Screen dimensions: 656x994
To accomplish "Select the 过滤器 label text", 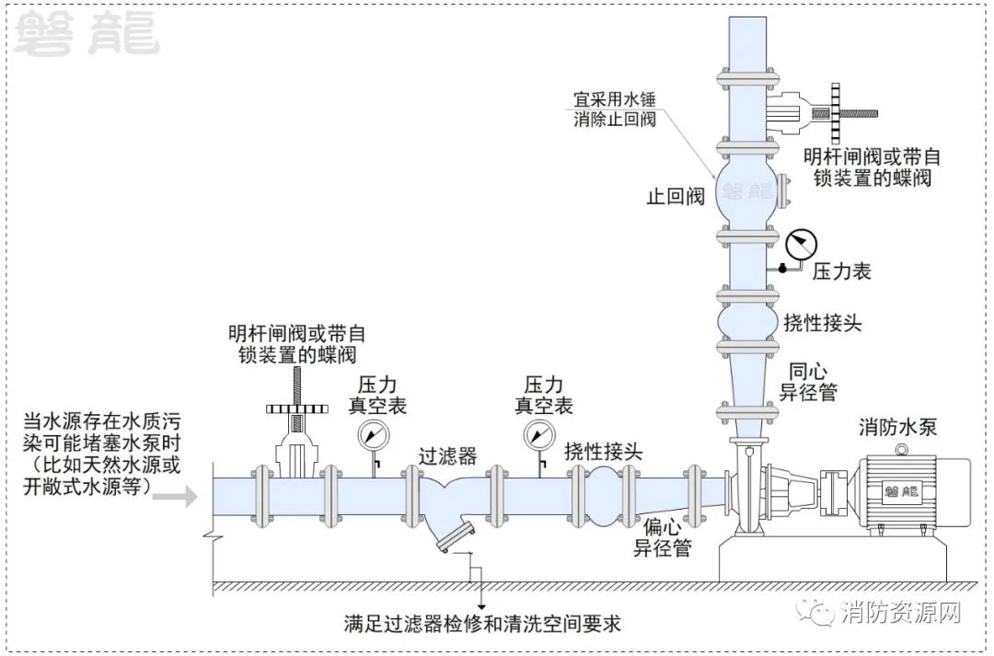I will pyautogui.click(x=447, y=455).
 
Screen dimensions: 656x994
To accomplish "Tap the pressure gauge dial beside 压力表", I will pyautogui.click(x=803, y=243).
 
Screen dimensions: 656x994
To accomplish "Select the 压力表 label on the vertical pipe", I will pyautogui.click(x=841, y=271).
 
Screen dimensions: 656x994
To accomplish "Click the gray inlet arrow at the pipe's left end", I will pyautogui.click(x=180, y=498).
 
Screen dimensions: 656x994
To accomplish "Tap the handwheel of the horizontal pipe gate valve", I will pyautogui.click(x=295, y=408).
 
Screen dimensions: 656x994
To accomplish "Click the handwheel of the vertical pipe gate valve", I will pyautogui.click(x=837, y=114).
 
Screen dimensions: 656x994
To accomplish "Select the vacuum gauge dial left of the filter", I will pyautogui.click(x=372, y=434).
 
